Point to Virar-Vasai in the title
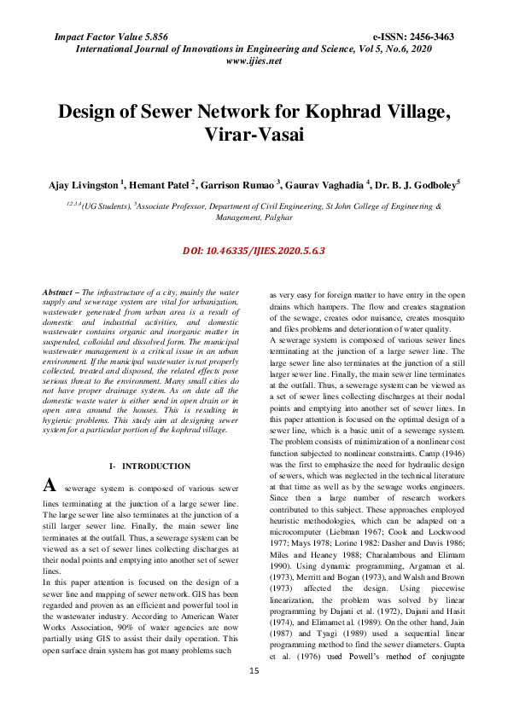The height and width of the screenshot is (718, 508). [x=254, y=136]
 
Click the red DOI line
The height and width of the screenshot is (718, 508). [x=254, y=252]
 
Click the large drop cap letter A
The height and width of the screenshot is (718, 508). [x=50, y=486]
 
